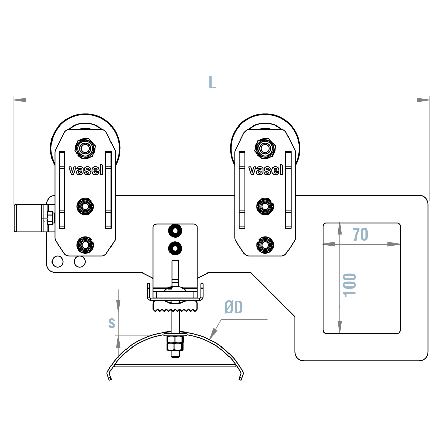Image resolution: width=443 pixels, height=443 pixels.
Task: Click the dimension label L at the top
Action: pos(212,83)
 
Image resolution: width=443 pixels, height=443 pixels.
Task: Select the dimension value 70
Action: pos(360,235)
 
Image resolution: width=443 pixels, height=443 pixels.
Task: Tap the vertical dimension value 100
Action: pos(350,285)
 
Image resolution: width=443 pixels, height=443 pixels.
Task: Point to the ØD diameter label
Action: pos(234,308)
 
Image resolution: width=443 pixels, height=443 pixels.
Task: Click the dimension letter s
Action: pos(112,322)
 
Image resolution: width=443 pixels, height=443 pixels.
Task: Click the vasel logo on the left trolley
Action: pos(86,170)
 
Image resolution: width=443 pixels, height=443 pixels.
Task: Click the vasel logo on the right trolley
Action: pos(266,170)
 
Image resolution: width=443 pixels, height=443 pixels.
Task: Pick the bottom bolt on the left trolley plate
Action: pos(85,245)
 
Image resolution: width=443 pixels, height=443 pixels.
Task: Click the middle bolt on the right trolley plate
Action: pos(265,206)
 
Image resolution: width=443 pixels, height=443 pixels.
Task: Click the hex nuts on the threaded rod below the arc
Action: pos(175,344)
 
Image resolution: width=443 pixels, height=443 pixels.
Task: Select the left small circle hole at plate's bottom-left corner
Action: pos(58,262)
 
